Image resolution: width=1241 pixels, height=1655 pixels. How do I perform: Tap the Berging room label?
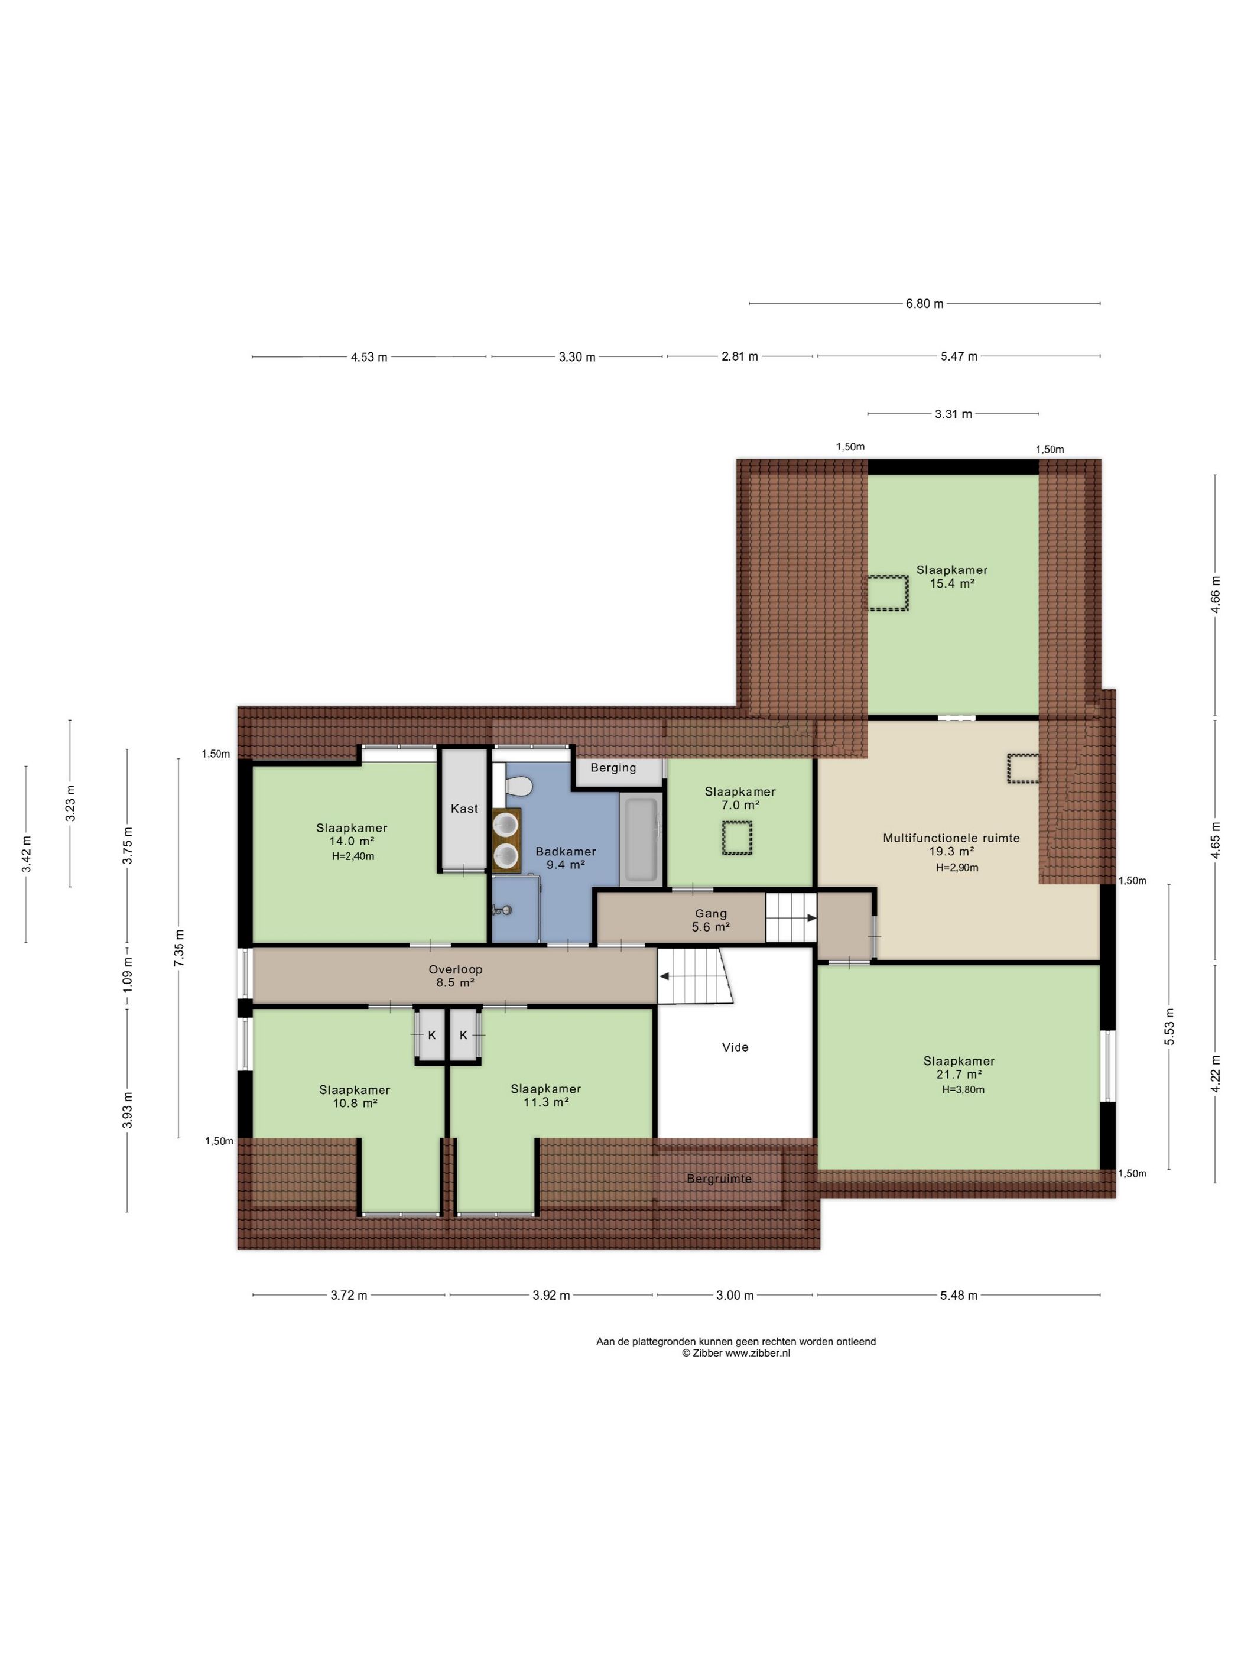click(613, 768)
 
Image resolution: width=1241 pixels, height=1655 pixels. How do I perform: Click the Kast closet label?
click(464, 809)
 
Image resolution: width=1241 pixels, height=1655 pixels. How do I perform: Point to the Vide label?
click(735, 1047)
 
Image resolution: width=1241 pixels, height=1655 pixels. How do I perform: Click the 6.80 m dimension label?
click(925, 304)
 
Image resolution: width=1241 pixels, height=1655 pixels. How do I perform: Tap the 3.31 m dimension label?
click(954, 414)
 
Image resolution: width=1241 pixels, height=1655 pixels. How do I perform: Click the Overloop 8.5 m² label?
click(456, 976)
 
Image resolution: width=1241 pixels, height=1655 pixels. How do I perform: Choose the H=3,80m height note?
click(963, 1090)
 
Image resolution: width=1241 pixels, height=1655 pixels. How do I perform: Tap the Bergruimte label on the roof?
click(719, 1179)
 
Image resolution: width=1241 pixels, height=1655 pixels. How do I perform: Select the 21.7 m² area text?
click(960, 1075)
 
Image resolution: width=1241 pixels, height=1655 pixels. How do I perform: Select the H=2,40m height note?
click(353, 856)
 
